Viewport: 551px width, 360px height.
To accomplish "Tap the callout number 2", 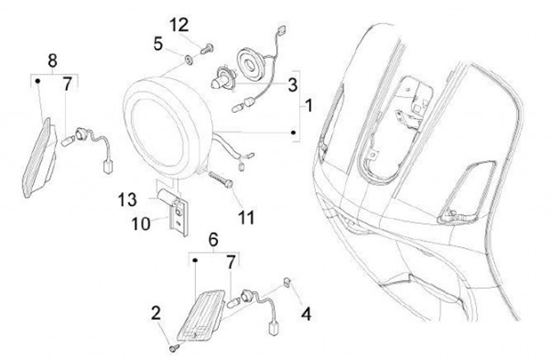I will click(x=156, y=313).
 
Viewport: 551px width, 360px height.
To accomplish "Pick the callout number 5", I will click(x=158, y=44).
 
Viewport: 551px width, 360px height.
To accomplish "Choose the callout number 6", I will click(x=214, y=239).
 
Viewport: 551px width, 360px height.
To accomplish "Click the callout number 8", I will click(x=53, y=60).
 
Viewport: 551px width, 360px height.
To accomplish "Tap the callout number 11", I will click(x=245, y=218).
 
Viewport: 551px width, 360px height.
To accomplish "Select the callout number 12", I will click(x=178, y=25).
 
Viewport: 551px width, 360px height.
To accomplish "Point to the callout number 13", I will click(x=128, y=200).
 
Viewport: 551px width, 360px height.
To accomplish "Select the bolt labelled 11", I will click(x=220, y=182).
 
